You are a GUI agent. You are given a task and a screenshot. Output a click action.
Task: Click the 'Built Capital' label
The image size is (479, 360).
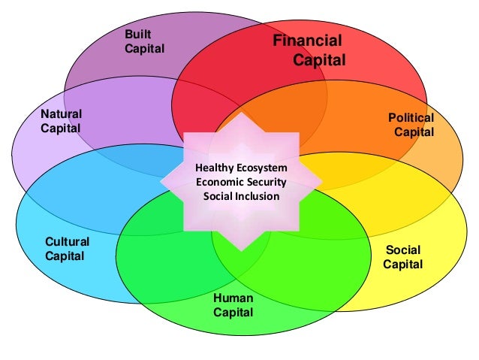(144, 42)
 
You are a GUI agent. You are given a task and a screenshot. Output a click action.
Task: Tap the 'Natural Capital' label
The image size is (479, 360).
(62, 120)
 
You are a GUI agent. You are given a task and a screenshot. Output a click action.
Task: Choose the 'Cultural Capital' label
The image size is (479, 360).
(67, 249)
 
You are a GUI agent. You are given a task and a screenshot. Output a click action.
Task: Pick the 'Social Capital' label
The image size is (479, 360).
(404, 257)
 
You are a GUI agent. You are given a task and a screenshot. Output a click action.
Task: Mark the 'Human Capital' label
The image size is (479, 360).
(233, 304)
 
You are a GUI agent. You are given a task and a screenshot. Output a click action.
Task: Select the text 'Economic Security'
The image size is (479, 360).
(241, 182)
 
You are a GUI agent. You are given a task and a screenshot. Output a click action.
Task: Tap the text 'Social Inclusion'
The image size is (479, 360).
(241, 196)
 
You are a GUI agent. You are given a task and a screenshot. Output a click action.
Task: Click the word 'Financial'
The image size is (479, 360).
(307, 41)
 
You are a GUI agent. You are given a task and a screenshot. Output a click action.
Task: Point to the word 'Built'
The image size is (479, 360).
(138, 35)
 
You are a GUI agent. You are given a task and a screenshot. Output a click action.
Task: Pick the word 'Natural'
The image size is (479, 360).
(62, 113)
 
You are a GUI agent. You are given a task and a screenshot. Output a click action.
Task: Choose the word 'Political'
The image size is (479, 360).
(411, 118)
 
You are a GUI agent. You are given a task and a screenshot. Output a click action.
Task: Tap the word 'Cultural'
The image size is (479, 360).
(68, 242)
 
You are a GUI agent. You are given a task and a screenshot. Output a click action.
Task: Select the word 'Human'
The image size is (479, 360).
(233, 298)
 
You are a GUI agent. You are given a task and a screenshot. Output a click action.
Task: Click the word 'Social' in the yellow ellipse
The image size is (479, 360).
(403, 250)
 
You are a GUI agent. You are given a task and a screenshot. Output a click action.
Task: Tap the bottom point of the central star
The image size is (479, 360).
(242, 250)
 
